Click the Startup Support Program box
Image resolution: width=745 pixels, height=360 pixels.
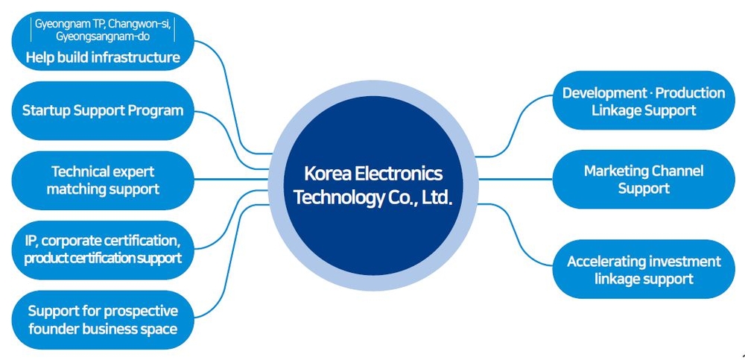(x=103, y=110)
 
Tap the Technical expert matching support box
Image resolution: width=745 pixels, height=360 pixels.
(x=103, y=180)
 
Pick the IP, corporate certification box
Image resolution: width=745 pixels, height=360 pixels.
(x=103, y=250)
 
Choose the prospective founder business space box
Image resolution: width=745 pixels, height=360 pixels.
(x=103, y=319)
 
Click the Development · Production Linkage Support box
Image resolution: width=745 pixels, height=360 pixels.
(x=644, y=101)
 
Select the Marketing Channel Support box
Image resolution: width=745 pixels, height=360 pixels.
(x=644, y=180)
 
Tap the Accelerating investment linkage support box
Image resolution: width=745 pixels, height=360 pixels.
(x=644, y=270)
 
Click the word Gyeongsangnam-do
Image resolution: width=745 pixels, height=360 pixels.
(x=103, y=36)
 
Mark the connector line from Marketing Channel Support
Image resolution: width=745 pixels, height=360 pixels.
(x=514, y=180)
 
